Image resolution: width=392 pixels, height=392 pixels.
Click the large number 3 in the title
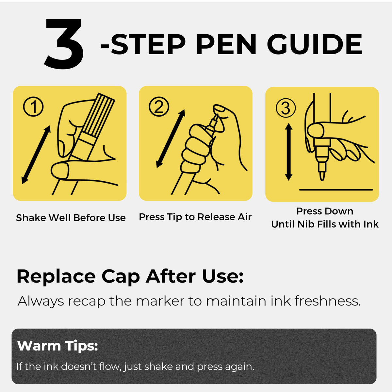64,43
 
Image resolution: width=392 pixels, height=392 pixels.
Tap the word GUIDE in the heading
315,44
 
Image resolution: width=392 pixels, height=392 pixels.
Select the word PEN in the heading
226,44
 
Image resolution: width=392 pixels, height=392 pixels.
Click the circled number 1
33,106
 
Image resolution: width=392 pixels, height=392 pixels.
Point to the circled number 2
159,106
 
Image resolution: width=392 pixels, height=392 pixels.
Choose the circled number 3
286,108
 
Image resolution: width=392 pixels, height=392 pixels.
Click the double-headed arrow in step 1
36,155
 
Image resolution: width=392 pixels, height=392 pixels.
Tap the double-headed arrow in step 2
171,139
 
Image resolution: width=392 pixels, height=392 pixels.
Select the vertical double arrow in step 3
288,152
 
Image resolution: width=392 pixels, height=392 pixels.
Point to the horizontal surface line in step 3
336,190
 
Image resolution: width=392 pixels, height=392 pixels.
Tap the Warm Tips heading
57,346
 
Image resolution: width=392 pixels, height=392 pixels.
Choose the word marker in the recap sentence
160,301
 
